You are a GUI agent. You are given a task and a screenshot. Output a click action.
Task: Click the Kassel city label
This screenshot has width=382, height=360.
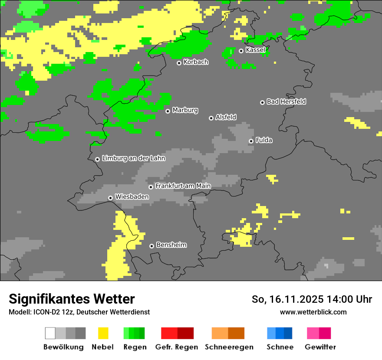click(255, 50)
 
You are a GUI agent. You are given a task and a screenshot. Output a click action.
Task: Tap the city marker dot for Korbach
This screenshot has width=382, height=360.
click(179, 63)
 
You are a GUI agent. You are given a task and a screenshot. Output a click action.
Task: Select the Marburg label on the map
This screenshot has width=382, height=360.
click(185, 110)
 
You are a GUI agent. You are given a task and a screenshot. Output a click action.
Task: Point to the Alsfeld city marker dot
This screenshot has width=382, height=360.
click(211, 118)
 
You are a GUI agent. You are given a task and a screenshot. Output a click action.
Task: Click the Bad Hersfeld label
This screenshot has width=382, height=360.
click(286, 101)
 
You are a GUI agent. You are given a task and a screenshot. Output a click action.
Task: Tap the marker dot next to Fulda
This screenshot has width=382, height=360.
click(251, 141)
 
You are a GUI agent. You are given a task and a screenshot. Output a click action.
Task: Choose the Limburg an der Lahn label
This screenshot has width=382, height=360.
click(133, 158)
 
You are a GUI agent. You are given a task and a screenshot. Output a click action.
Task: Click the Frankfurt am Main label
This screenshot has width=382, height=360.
click(183, 186)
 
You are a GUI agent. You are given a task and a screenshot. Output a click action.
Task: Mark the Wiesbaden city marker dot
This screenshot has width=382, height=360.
click(111, 198)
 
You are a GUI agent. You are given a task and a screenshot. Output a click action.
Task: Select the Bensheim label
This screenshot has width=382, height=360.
click(171, 245)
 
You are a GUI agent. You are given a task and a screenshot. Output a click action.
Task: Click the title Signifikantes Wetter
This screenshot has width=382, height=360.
click(72, 299)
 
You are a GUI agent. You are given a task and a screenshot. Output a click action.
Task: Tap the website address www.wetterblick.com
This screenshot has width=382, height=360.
click(313, 312)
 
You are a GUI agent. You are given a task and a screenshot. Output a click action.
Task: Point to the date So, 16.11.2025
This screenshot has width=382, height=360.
click(287, 299)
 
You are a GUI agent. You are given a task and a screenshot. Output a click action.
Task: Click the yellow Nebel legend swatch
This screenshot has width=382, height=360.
click(103, 333)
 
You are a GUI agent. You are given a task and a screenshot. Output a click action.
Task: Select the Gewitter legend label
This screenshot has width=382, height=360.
click(320, 347)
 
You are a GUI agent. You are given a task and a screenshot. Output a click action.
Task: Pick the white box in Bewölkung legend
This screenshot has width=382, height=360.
click(50, 333)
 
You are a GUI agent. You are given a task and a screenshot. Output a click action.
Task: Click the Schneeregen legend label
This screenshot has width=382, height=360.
click(229, 347)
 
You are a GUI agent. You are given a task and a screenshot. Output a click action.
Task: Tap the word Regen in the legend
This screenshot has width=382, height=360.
click(134, 347)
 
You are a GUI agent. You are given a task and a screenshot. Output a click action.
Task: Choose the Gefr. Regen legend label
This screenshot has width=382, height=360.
click(176, 347)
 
